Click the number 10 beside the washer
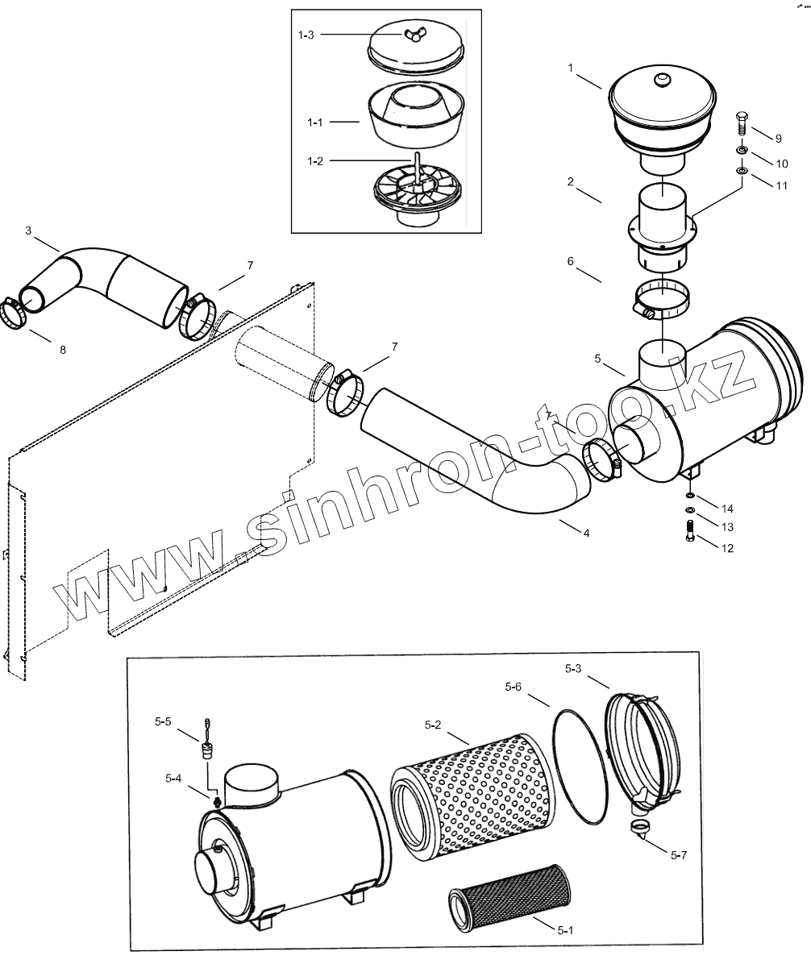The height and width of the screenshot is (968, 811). point(781,164)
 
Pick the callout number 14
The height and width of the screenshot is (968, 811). point(727,509)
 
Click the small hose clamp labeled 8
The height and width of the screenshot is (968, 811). point(12,313)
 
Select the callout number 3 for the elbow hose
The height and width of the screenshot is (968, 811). point(28,231)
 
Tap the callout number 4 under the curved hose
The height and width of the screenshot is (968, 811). point(586,534)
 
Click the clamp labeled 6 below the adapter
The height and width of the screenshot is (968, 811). point(663,298)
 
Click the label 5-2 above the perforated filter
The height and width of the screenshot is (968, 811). point(433,724)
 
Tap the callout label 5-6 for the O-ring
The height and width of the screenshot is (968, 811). point(514,687)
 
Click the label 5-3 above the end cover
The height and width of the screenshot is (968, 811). point(574,668)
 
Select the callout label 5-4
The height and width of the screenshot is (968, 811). point(174,778)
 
